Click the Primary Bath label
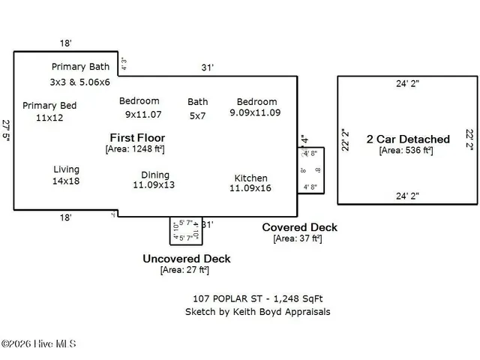click(x=80, y=67)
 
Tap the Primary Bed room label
click(x=49, y=106)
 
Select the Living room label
click(x=66, y=169)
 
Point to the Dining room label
click(x=155, y=175)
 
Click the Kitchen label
click(x=250, y=178)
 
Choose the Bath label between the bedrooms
click(x=198, y=102)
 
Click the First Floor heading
click(x=137, y=138)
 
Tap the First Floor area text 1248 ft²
click(x=135, y=149)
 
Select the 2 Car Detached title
click(x=408, y=139)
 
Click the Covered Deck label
click(x=299, y=227)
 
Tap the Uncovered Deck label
click(x=187, y=259)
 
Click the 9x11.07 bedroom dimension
click(x=143, y=115)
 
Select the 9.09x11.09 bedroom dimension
click(x=255, y=112)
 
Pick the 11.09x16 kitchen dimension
click(x=250, y=188)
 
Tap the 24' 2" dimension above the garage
click(x=407, y=84)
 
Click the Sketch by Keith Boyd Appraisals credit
click(x=257, y=311)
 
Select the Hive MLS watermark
click(x=39, y=344)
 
